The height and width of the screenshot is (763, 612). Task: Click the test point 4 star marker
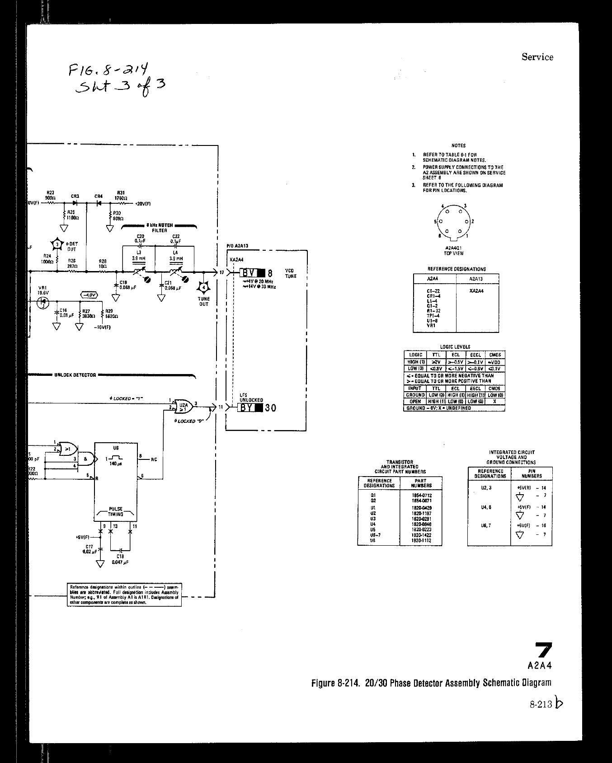[204, 287]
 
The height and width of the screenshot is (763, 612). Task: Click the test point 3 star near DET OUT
[57, 245]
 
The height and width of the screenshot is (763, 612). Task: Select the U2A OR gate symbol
[183, 406]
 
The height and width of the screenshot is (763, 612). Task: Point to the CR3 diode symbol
[75, 203]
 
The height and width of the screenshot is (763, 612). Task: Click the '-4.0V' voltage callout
[89, 295]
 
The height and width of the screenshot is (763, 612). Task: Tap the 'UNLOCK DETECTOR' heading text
[75, 375]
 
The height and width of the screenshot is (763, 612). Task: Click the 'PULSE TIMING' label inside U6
[116, 511]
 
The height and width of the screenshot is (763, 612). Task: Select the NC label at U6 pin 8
[154, 459]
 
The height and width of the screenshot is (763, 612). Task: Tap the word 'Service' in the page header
[537, 57]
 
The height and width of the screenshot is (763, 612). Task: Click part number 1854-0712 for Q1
[421, 495]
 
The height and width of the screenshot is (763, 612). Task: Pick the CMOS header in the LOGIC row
[494, 355]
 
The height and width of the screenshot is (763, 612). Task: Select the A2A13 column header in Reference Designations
[477, 279]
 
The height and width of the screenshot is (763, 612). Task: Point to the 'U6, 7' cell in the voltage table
[486, 525]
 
